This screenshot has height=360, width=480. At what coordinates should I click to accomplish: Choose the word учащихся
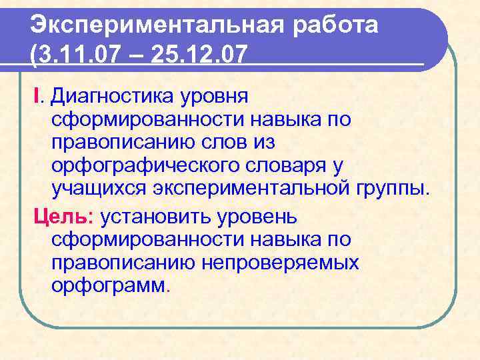[x=99, y=188]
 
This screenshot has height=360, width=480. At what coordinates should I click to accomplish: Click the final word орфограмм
[x=110, y=285]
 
